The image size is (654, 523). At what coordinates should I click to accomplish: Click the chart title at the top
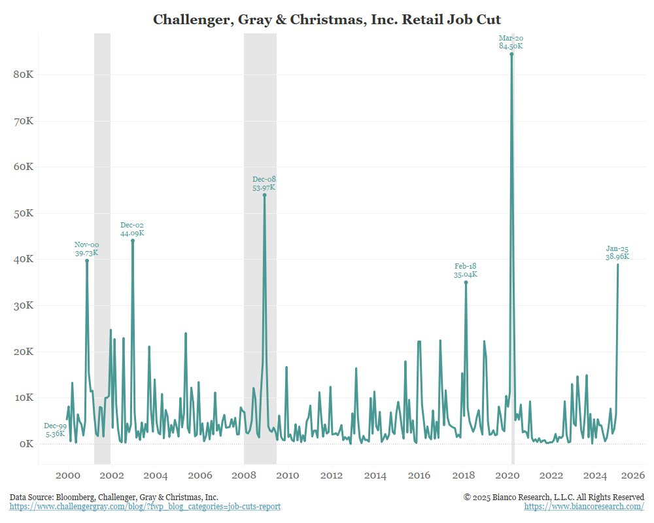tap(327, 20)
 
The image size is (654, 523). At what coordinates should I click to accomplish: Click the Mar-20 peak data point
tap(511, 54)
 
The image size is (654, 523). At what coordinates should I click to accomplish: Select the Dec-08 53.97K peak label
tap(264, 184)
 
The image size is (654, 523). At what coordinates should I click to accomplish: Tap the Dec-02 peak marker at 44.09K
tap(133, 241)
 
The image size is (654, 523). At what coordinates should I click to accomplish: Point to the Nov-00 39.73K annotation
tap(86, 249)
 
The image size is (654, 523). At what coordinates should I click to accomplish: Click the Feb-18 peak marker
tap(466, 282)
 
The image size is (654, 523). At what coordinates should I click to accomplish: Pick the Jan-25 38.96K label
tap(617, 253)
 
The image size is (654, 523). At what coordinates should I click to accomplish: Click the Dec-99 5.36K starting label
tap(55, 430)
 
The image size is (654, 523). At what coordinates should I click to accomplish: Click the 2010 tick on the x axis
tap(288, 475)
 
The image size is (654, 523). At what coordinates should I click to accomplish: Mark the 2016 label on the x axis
tap(419, 475)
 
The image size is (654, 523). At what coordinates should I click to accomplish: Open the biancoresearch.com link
tap(584, 507)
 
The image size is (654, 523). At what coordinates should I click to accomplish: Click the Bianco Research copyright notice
tap(554, 498)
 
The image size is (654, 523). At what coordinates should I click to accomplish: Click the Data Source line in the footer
tap(114, 498)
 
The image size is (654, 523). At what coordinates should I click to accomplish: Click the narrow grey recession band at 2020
tap(513, 261)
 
